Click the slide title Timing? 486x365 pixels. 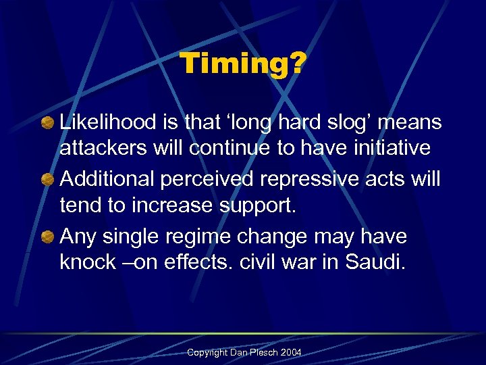[x=243, y=65]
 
